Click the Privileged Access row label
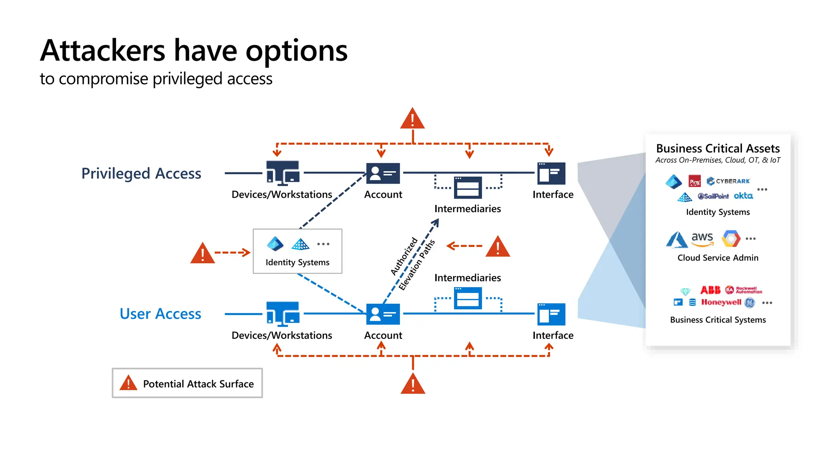[141, 173]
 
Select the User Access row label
[160, 314]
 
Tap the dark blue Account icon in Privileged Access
[383, 173]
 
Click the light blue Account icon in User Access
[383, 314]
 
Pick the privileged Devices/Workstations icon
[283, 173]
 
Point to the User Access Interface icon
[551, 314]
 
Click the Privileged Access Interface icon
[551, 173]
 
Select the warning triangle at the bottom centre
[413, 384]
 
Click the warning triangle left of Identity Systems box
[203, 253]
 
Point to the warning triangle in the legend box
[128, 383]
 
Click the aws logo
[702, 239]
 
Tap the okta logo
[743, 196]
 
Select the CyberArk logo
[728, 181]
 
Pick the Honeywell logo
[721, 302]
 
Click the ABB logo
[710, 290]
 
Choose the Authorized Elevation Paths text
[412, 263]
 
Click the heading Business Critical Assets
[717, 148]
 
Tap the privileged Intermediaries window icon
[468, 187]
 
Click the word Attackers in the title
[102, 51]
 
